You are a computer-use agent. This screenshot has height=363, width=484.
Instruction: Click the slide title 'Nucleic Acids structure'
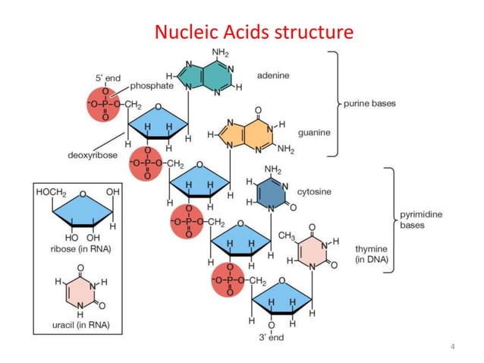[253, 33]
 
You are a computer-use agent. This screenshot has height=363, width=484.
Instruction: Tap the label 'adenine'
[273, 76]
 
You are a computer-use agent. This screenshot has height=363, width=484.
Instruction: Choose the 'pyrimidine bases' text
[422, 220]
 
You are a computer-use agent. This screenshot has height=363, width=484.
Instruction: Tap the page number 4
[452, 347]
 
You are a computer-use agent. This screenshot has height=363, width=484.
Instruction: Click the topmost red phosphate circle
[103, 104]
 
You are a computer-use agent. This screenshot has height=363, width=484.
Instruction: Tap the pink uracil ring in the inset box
[78, 292]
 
